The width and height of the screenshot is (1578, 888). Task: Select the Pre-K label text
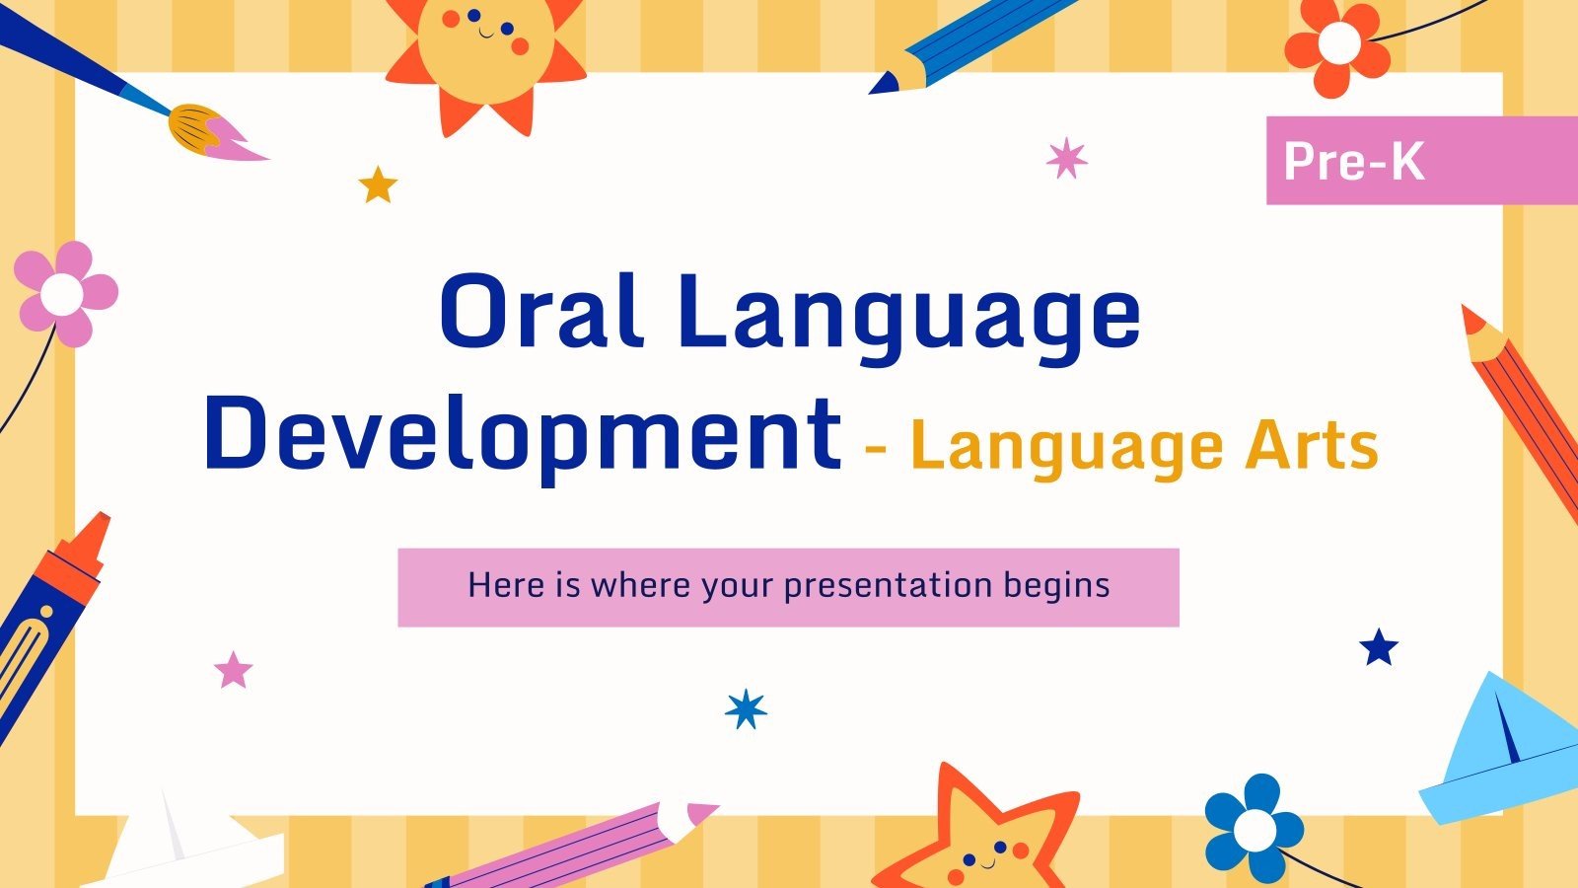click(1354, 161)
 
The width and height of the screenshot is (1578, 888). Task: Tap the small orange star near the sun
click(378, 185)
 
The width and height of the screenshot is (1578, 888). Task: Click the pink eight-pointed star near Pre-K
click(1066, 158)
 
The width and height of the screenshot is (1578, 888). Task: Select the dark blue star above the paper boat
click(1379, 648)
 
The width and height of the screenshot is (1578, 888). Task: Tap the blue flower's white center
click(1254, 831)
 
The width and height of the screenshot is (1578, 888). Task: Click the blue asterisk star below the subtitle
click(746, 708)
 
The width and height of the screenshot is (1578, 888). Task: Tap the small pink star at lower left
click(234, 670)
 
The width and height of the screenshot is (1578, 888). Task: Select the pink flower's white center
click(63, 293)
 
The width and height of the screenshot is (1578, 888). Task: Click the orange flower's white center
click(1338, 42)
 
